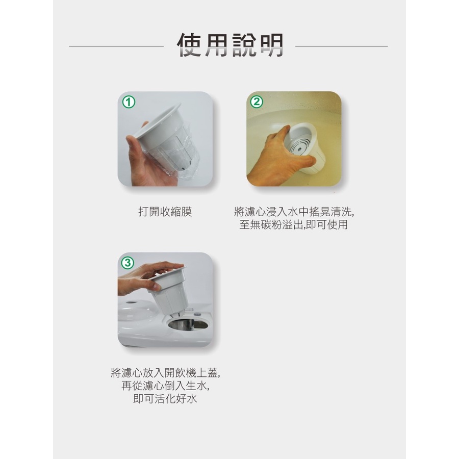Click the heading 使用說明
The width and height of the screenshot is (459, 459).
pos(230,45)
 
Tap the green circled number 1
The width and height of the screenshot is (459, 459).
pos(129,102)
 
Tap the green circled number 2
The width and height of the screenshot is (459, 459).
pos(257,101)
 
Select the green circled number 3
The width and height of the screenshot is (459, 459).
pos(127,263)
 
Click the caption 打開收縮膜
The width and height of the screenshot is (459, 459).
pos(165,212)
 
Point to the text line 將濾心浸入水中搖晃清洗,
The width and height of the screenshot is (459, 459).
pos(294,212)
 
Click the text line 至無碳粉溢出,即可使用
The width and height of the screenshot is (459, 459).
pos(294,224)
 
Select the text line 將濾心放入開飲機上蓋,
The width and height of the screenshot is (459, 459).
pos(165,373)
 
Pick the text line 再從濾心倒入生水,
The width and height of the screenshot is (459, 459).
pos(165,386)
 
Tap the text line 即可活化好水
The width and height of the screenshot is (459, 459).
pos(165,398)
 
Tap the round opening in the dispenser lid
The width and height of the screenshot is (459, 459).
pos(188,324)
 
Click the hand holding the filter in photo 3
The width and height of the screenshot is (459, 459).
pos(146,276)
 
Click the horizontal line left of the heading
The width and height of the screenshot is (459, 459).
pos(116,46)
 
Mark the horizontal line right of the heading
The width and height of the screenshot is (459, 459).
pos(341,46)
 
